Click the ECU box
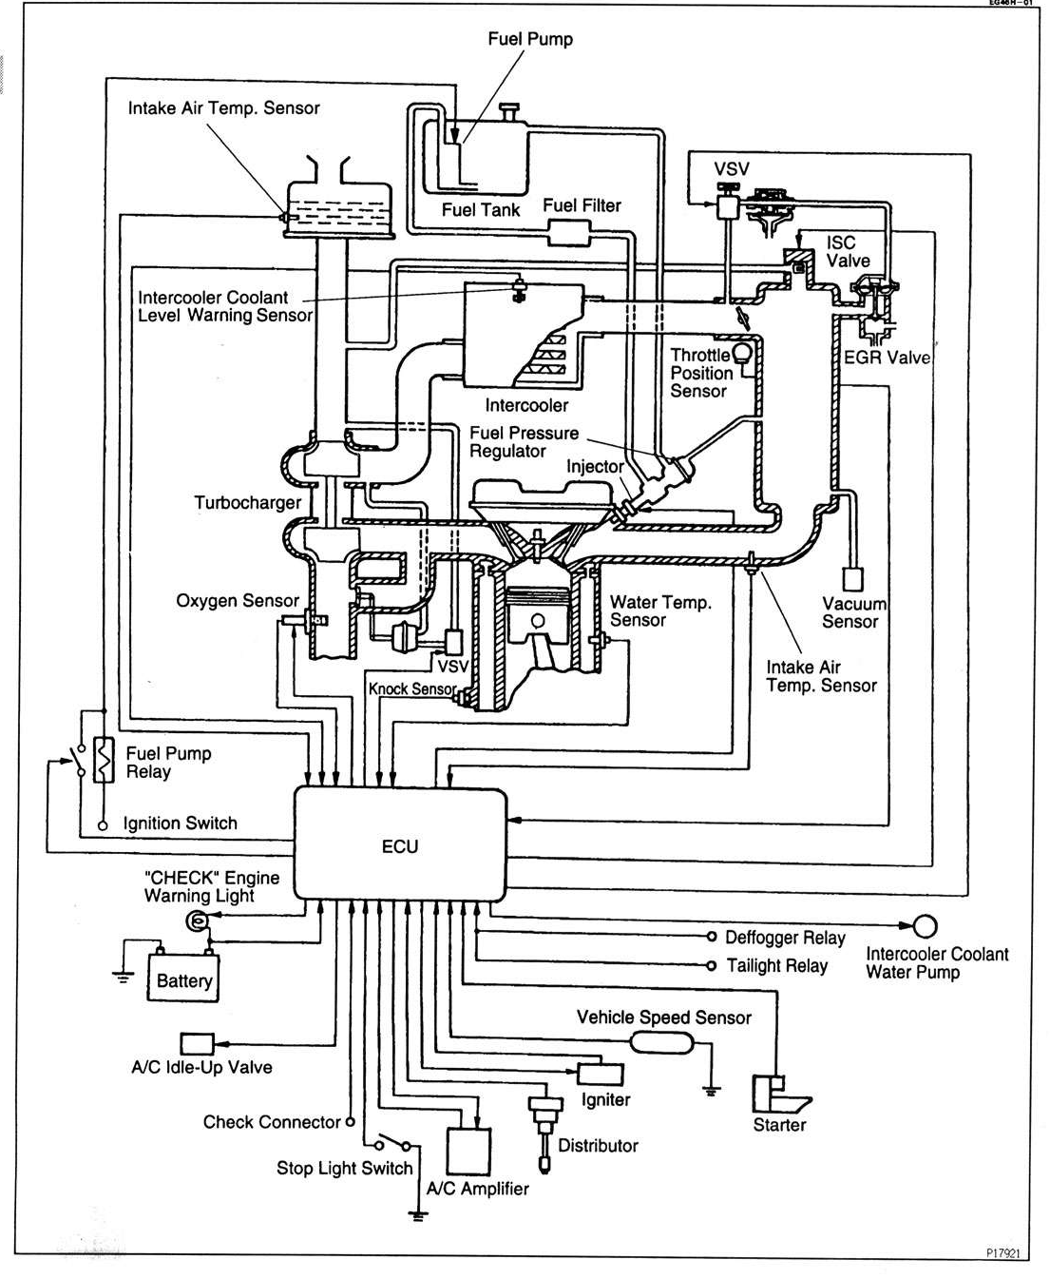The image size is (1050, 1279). [x=400, y=843]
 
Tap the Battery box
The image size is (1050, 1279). [x=183, y=979]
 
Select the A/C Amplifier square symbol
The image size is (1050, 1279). [x=468, y=1152]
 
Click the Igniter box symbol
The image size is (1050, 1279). [x=601, y=1074]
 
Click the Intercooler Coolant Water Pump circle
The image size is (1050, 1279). [x=925, y=925]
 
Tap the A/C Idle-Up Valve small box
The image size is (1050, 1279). [x=198, y=1043]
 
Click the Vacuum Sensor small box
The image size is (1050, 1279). [x=852, y=579]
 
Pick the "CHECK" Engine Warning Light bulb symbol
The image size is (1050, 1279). [x=197, y=920]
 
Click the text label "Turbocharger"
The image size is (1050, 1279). [x=247, y=502]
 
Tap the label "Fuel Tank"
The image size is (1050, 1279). [x=481, y=209]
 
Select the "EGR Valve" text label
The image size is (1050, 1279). [x=887, y=358]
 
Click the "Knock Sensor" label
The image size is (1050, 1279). [x=412, y=688]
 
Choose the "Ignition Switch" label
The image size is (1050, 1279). [x=181, y=824]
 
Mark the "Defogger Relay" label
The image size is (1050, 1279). [x=785, y=938]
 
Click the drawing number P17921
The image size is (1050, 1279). [x=1002, y=1253]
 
